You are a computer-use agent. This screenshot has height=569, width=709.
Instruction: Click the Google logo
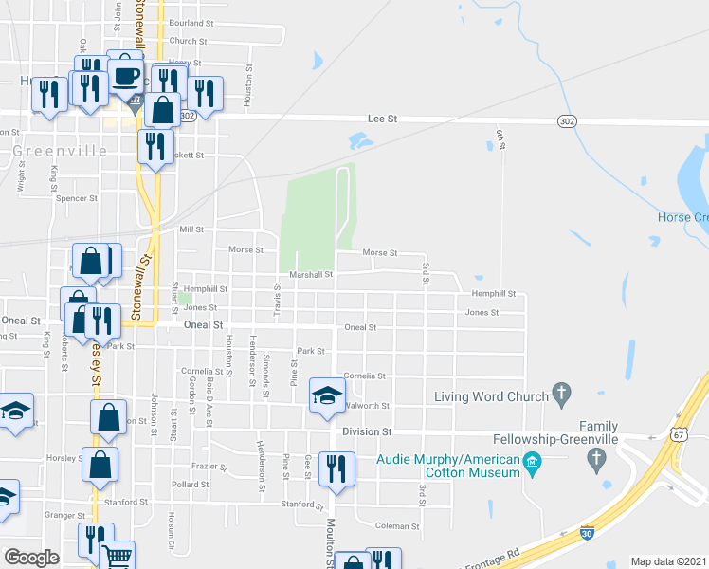pyautogui.click(x=31, y=558)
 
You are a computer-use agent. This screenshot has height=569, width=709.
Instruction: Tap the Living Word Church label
pyautogui.click(x=491, y=396)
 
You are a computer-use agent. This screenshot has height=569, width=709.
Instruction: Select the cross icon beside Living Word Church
pyautogui.click(x=561, y=392)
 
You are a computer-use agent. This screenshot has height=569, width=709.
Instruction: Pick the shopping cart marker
pyautogui.click(x=117, y=558)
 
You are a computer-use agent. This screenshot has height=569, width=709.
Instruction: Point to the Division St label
pyautogui.click(x=367, y=431)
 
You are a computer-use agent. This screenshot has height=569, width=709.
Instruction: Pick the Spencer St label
pyautogui.click(x=78, y=198)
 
